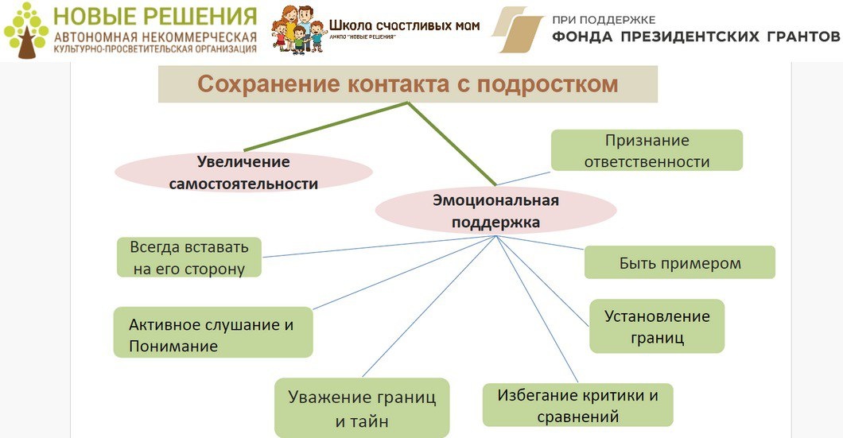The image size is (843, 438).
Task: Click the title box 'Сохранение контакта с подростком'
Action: click(407, 84)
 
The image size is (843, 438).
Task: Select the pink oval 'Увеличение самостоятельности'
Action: click(243, 172)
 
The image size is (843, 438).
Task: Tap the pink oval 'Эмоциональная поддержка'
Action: click(495, 211)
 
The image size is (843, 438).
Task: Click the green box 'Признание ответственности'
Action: click(647, 150)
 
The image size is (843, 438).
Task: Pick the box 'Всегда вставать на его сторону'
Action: click(189, 257)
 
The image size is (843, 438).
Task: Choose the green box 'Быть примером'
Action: click(679, 262)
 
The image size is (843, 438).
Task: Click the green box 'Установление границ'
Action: click(657, 326)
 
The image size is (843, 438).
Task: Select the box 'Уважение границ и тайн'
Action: click(362, 409)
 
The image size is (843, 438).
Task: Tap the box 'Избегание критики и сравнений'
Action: click(577, 405)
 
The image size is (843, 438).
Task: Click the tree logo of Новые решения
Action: click(25, 29)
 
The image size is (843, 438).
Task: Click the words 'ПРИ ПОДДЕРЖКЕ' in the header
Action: click(604, 18)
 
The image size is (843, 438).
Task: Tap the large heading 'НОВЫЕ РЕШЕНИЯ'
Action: click(155, 17)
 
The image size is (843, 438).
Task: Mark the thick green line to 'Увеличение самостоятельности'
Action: click(326, 126)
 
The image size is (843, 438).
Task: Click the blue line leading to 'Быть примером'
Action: click(541, 242)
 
